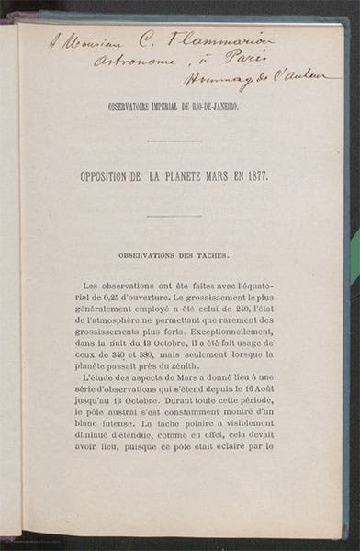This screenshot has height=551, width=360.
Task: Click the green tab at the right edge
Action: pos(354,256)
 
